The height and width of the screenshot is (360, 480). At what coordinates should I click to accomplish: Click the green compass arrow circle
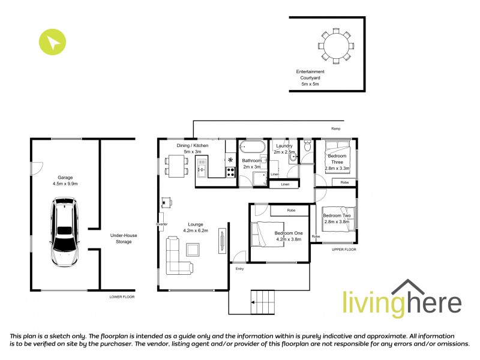(52, 42)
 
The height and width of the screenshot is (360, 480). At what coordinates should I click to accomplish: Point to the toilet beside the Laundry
(307, 146)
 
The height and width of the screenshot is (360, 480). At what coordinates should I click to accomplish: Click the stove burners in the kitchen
(230, 171)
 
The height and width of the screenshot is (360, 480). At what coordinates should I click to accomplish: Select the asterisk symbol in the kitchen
(230, 160)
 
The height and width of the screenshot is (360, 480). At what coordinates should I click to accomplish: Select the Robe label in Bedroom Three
(344, 182)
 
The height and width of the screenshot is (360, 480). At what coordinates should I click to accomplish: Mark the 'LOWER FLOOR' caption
(121, 297)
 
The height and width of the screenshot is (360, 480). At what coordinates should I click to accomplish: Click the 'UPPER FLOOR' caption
(344, 249)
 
